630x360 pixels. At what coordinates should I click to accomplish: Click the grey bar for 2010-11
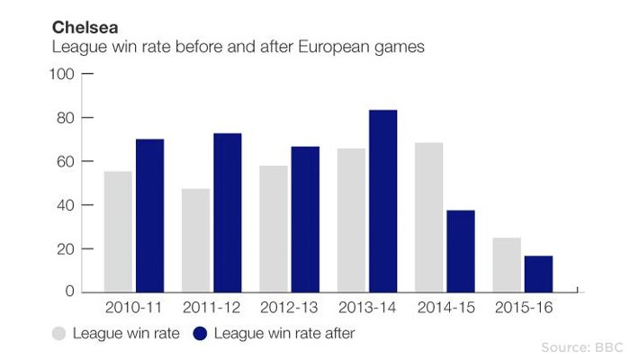coord(118,231)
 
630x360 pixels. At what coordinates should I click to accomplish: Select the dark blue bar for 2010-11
coord(149,215)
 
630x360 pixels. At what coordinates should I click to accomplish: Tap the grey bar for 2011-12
coord(195,240)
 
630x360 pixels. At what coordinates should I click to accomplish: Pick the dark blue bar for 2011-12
coord(227,212)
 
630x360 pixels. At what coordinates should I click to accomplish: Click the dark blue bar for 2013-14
coord(382,201)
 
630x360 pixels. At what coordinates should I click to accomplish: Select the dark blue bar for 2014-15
coord(461,251)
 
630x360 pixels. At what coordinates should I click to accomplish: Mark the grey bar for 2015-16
coord(507,265)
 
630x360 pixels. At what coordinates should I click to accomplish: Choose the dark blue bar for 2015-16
coord(538,274)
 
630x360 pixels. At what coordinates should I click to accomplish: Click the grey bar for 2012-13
coord(274,229)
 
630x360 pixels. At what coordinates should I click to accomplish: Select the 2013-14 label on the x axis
coord(366,308)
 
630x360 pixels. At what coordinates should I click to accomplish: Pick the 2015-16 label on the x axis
coord(523,308)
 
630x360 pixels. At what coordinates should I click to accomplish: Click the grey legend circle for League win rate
coord(59,333)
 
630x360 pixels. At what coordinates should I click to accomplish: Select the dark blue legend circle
coord(200,333)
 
